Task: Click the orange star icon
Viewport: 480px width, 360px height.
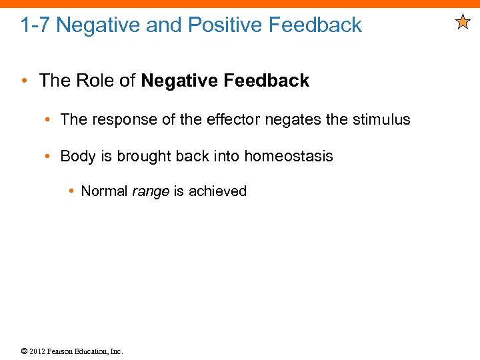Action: pyautogui.click(x=463, y=23)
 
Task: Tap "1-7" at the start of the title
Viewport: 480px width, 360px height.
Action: pyautogui.click(x=35, y=25)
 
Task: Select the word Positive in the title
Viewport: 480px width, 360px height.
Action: pyautogui.click(x=225, y=25)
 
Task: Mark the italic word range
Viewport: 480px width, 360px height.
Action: pyautogui.click(x=150, y=191)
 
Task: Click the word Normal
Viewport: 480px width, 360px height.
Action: pyautogui.click(x=104, y=191)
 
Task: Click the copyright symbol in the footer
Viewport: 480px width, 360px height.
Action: pyautogui.click(x=24, y=351)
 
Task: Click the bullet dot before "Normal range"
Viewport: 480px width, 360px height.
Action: pyautogui.click(x=71, y=191)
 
